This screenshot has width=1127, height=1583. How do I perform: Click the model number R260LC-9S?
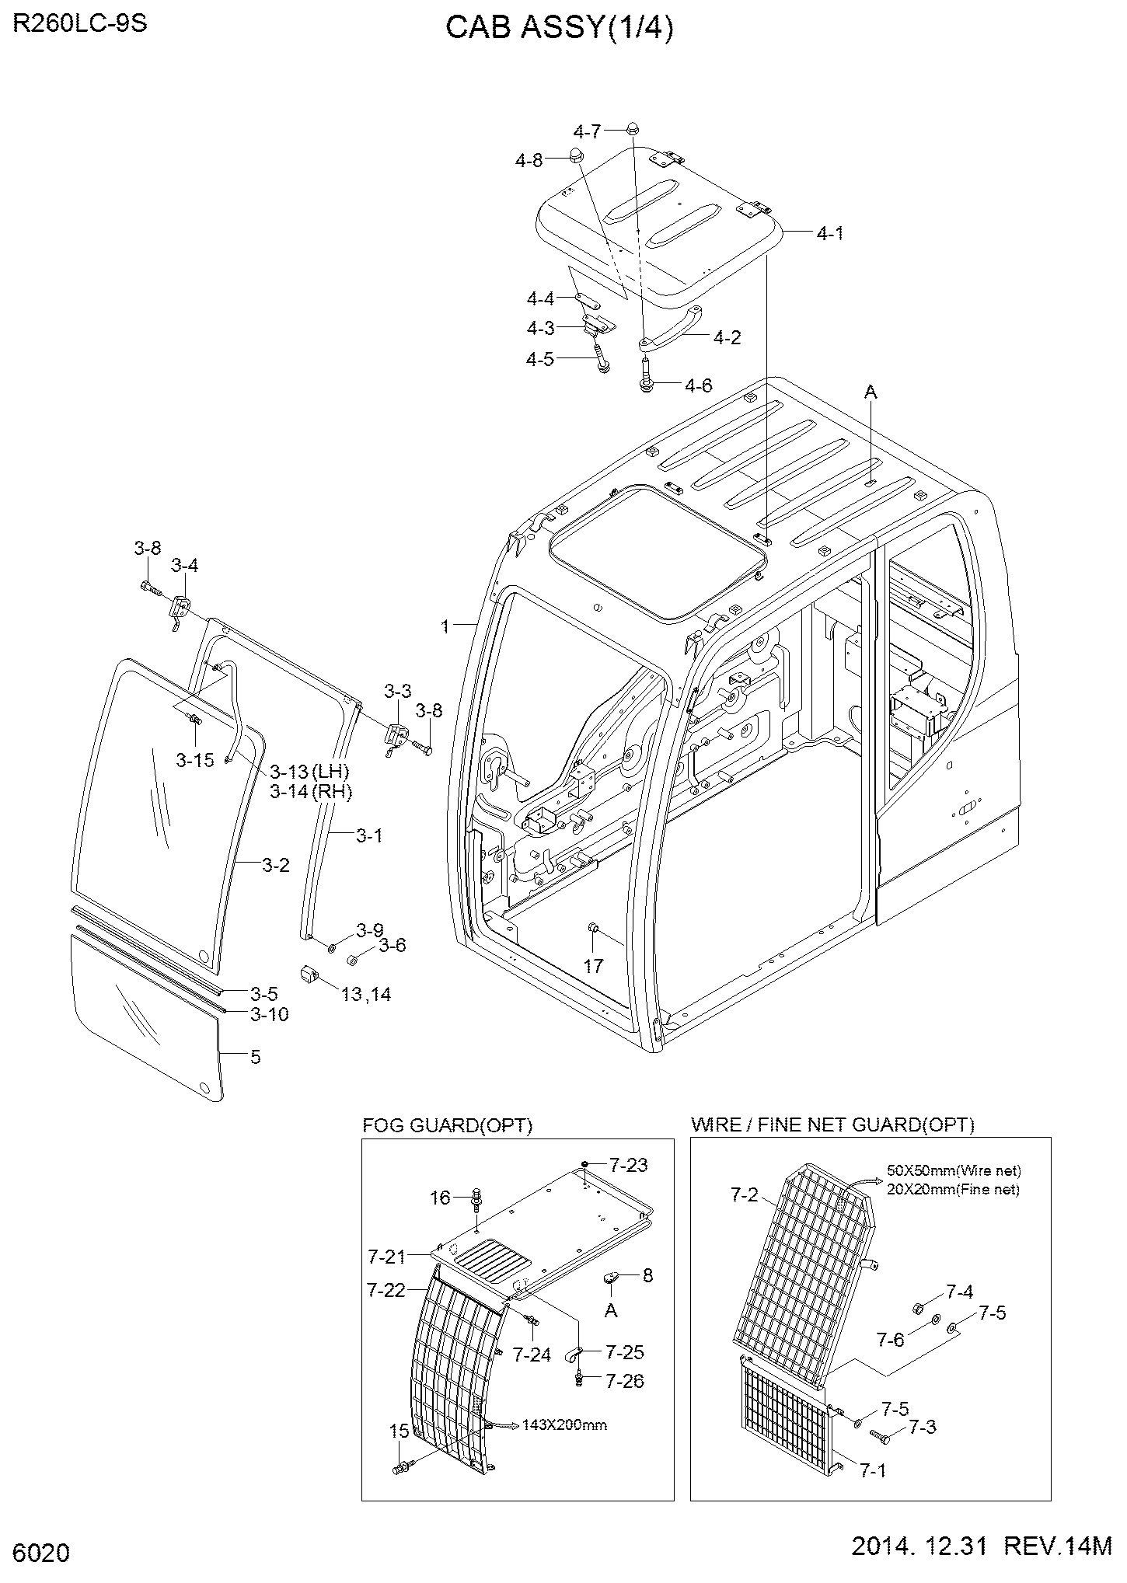coord(80,24)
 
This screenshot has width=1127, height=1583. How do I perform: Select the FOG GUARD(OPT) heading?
coord(448,1125)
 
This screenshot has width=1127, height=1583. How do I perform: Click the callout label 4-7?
coord(587,131)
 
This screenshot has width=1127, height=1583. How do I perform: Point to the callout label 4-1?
coord(830,233)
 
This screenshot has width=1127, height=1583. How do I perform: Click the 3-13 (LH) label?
coord(309,772)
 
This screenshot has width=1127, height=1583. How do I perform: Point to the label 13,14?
coord(366,994)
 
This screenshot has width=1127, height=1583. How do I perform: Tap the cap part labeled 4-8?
coord(576,154)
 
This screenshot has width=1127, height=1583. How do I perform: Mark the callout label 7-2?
coord(744,1195)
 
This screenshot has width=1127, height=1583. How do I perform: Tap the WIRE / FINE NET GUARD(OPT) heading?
coord(832,1124)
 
